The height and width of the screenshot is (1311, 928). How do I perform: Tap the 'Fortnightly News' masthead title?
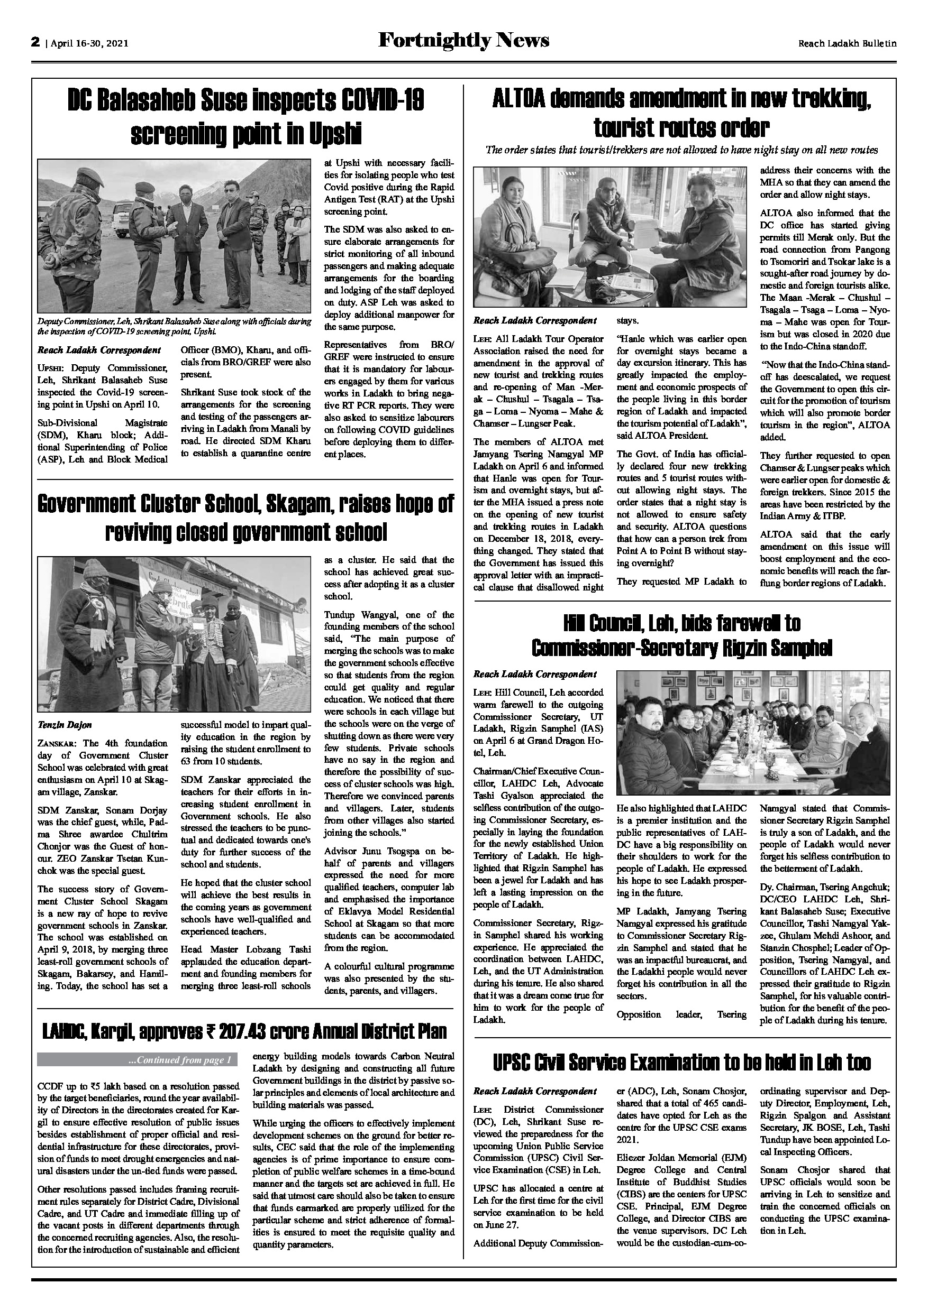pyautogui.click(x=463, y=41)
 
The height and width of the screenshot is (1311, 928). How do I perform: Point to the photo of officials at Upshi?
pyautogui.click(x=174, y=236)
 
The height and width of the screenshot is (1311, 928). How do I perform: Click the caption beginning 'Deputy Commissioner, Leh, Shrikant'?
pyautogui.click(x=174, y=326)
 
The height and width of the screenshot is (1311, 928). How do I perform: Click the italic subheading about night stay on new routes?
pyautogui.click(x=681, y=150)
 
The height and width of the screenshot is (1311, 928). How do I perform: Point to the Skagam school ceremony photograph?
pyautogui.click(x=174, y=634)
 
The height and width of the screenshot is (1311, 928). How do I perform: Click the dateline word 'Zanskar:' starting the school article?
pyautogui.click(x=58, y=743)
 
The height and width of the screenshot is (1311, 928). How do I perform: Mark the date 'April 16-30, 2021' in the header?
pyautogui.click(x=89, y=43)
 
